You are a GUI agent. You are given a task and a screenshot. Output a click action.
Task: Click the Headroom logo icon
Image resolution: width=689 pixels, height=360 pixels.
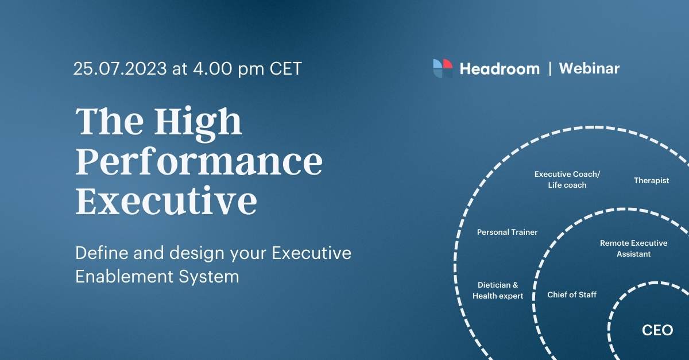click(443, 68)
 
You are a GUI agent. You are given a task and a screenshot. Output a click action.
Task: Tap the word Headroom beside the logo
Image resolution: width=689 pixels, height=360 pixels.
click(500, 69)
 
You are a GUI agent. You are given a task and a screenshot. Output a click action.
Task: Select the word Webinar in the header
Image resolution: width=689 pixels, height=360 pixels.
click(589, 69)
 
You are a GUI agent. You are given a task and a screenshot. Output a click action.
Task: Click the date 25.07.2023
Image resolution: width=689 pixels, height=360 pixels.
click(119, 69)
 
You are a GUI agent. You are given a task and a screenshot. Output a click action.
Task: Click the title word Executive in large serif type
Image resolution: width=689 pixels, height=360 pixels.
click(166, 201)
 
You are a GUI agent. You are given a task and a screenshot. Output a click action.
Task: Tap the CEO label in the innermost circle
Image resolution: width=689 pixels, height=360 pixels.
click(657, 331)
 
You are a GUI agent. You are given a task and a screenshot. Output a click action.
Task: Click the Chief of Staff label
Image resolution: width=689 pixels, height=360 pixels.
click(571, 295)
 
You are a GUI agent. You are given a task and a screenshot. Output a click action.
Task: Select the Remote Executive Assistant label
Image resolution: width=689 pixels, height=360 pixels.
click(633, 248)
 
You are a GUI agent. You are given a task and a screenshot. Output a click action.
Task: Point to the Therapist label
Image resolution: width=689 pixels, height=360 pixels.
click(651, 180)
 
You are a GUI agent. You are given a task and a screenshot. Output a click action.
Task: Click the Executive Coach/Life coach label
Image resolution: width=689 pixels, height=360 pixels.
click(567, 179)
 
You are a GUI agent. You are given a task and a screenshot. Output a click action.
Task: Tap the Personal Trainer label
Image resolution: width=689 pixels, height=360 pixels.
click(507, 233)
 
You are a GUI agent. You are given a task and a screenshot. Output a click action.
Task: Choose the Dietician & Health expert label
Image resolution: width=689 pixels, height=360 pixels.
click(498, 290)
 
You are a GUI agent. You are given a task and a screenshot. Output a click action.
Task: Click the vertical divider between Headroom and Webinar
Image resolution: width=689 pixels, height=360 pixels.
click(550, 69)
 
